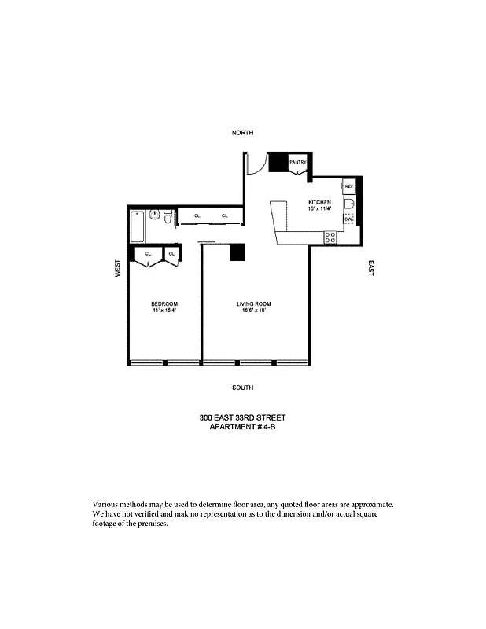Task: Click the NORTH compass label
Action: (242, 133)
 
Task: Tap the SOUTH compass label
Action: (242, 388)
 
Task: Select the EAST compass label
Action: (370, 268)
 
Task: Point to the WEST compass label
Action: (116, 268)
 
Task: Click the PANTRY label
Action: (297, 162)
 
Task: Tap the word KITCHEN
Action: (319, 203)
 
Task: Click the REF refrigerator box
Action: (348, 186)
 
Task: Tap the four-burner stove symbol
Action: (331, 235)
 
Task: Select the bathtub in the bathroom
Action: (138, 226)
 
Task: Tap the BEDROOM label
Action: (164, 304)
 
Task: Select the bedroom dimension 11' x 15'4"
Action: (164, 311)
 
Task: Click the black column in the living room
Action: (238, 252)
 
